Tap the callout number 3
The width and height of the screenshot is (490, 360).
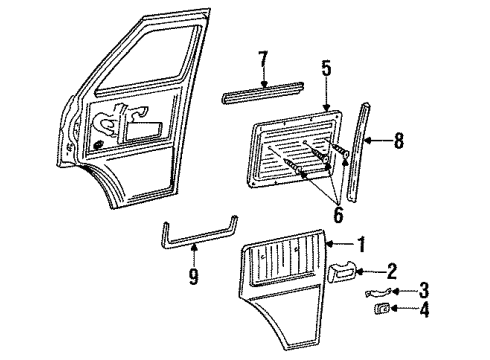click(x=395, y=290)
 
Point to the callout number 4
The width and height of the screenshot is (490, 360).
click(x=396, y=310)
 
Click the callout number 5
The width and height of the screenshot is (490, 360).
click(x=325, y=70)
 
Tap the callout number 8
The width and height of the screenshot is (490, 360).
click(x=399, y=142)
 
